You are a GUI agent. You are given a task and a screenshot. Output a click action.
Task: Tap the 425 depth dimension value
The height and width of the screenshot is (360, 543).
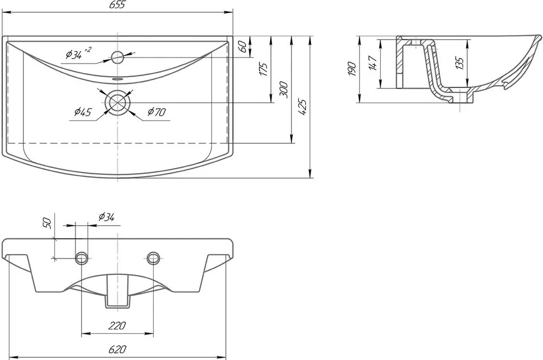tap(302, 107)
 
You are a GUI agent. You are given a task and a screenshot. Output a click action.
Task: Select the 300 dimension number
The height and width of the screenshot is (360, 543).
tap(283, 89)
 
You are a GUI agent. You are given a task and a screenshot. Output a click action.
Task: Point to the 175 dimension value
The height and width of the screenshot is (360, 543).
tap(263, 70)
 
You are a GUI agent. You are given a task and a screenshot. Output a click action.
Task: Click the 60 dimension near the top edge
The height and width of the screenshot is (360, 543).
tap(243, 46)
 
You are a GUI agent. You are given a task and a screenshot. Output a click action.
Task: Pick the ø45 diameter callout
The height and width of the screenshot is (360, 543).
tap(83, 112)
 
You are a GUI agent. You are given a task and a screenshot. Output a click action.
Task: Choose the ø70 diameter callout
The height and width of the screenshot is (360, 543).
tap(156, 112)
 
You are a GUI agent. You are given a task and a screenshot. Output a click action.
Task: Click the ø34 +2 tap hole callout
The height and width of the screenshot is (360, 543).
tap(78, 53)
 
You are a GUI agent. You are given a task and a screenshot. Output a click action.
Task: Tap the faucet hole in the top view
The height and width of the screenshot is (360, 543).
tap(118, 57)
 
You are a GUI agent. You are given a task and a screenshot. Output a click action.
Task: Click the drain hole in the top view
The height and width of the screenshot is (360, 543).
tap(118, 103)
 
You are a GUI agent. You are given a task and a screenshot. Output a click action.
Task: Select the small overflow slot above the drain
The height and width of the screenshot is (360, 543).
tap(118, 79)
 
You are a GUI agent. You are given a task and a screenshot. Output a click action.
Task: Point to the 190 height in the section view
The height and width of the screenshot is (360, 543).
tap(351, 69)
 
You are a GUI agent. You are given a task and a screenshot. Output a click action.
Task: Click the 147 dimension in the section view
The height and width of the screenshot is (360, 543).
tap(372, 63)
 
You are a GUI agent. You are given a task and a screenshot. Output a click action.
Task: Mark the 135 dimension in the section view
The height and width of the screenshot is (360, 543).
tap(459, 63)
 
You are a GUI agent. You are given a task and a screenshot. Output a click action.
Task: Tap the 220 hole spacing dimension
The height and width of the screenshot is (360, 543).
tap(117, 326)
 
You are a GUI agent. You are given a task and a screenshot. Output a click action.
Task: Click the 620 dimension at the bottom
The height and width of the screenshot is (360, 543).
tap(117, 349)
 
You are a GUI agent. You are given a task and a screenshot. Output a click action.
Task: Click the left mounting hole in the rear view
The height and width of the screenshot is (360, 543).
tap(81, 257)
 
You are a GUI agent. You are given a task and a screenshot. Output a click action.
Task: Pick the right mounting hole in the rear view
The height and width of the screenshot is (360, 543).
tap(153, 257)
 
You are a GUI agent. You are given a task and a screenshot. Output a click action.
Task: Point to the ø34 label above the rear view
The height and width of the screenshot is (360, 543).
tap(106, 217)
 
